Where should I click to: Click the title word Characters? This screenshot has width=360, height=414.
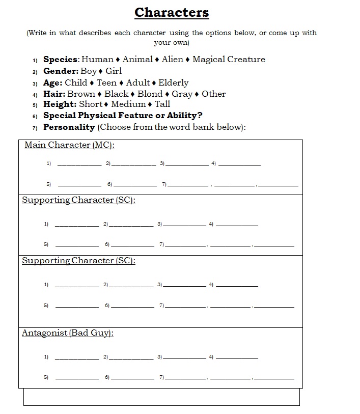[172, 12]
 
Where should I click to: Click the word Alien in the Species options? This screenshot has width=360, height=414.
[172, 60]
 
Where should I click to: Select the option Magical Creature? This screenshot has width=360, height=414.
[229, 60]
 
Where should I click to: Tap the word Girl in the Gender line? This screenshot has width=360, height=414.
[114, 71]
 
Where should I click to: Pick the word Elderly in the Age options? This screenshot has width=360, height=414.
[173, 82]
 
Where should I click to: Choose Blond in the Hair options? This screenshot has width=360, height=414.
[150, 94]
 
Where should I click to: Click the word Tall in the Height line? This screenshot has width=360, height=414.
[162, 104]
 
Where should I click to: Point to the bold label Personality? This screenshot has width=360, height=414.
[69, 127]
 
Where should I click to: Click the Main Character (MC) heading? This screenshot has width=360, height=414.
[70, 145]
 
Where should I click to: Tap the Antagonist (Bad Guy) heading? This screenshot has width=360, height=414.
[68, 333]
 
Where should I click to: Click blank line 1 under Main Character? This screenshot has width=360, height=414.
[79, 164]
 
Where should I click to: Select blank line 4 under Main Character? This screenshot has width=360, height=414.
[239, 164]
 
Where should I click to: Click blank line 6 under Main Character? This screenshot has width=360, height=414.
[135, 185]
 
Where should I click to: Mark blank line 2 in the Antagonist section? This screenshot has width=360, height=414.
[131, 358]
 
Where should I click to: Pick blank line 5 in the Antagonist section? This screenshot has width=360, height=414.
[77, 378]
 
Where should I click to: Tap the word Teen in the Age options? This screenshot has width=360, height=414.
[106, 82]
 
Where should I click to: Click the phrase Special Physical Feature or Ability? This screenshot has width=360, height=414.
[123, 116]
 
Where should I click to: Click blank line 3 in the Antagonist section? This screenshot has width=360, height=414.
[184, 358]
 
